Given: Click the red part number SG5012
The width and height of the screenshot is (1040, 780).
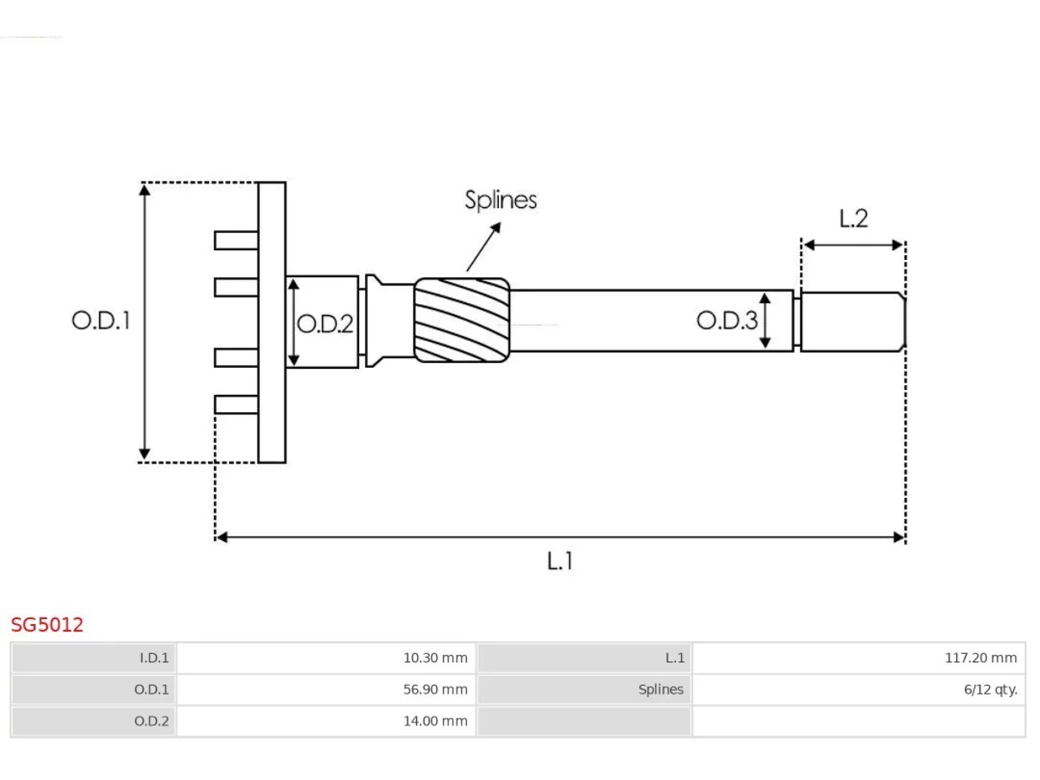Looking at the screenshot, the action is click(47, 625).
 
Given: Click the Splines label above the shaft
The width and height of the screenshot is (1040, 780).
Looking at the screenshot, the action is click(500, 201).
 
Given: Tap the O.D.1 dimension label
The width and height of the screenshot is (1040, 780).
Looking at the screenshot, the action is click(101, 321).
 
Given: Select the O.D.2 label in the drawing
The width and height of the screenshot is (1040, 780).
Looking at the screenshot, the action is click(325, 324).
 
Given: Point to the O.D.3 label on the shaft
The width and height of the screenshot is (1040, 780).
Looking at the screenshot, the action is click(727, 321).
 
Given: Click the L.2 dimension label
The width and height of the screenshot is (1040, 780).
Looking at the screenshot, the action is click(853, 219).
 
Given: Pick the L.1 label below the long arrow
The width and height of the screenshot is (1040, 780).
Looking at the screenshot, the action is click(560, 561).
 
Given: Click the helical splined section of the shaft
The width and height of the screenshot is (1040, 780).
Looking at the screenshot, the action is click(462, 320).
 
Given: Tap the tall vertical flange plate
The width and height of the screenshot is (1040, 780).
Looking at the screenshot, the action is click(272, 322).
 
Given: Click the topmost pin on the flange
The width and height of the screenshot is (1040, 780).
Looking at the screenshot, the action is click(236, 240).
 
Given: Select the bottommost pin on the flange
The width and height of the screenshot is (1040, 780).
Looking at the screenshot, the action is click(236, 405).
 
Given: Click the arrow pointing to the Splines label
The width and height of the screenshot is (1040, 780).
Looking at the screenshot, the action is click(483, 246).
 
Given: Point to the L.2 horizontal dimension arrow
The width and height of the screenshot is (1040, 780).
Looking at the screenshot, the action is click(853, 245).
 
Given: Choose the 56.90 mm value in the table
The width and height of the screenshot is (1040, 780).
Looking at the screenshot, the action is click(435, 689).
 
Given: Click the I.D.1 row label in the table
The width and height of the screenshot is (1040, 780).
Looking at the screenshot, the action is click(154, 658).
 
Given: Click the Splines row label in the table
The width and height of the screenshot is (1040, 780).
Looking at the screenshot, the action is click(661, 690).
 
